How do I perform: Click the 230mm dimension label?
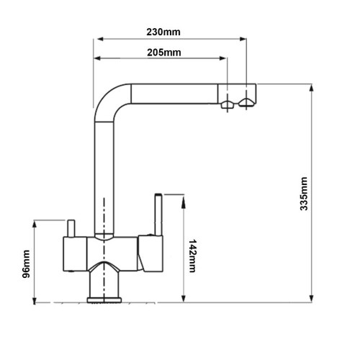[163, 32]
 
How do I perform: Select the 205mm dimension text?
[164, 53]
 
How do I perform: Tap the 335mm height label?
[304, 194]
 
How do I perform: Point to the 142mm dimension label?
[192, 256]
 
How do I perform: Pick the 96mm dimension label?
[26, 264]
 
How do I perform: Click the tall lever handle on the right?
[158, 215]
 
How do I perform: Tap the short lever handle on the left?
[71, 228]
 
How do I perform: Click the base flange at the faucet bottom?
[104, 300]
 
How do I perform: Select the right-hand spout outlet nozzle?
[246, 103]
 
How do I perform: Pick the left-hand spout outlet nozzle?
[228, 104]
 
